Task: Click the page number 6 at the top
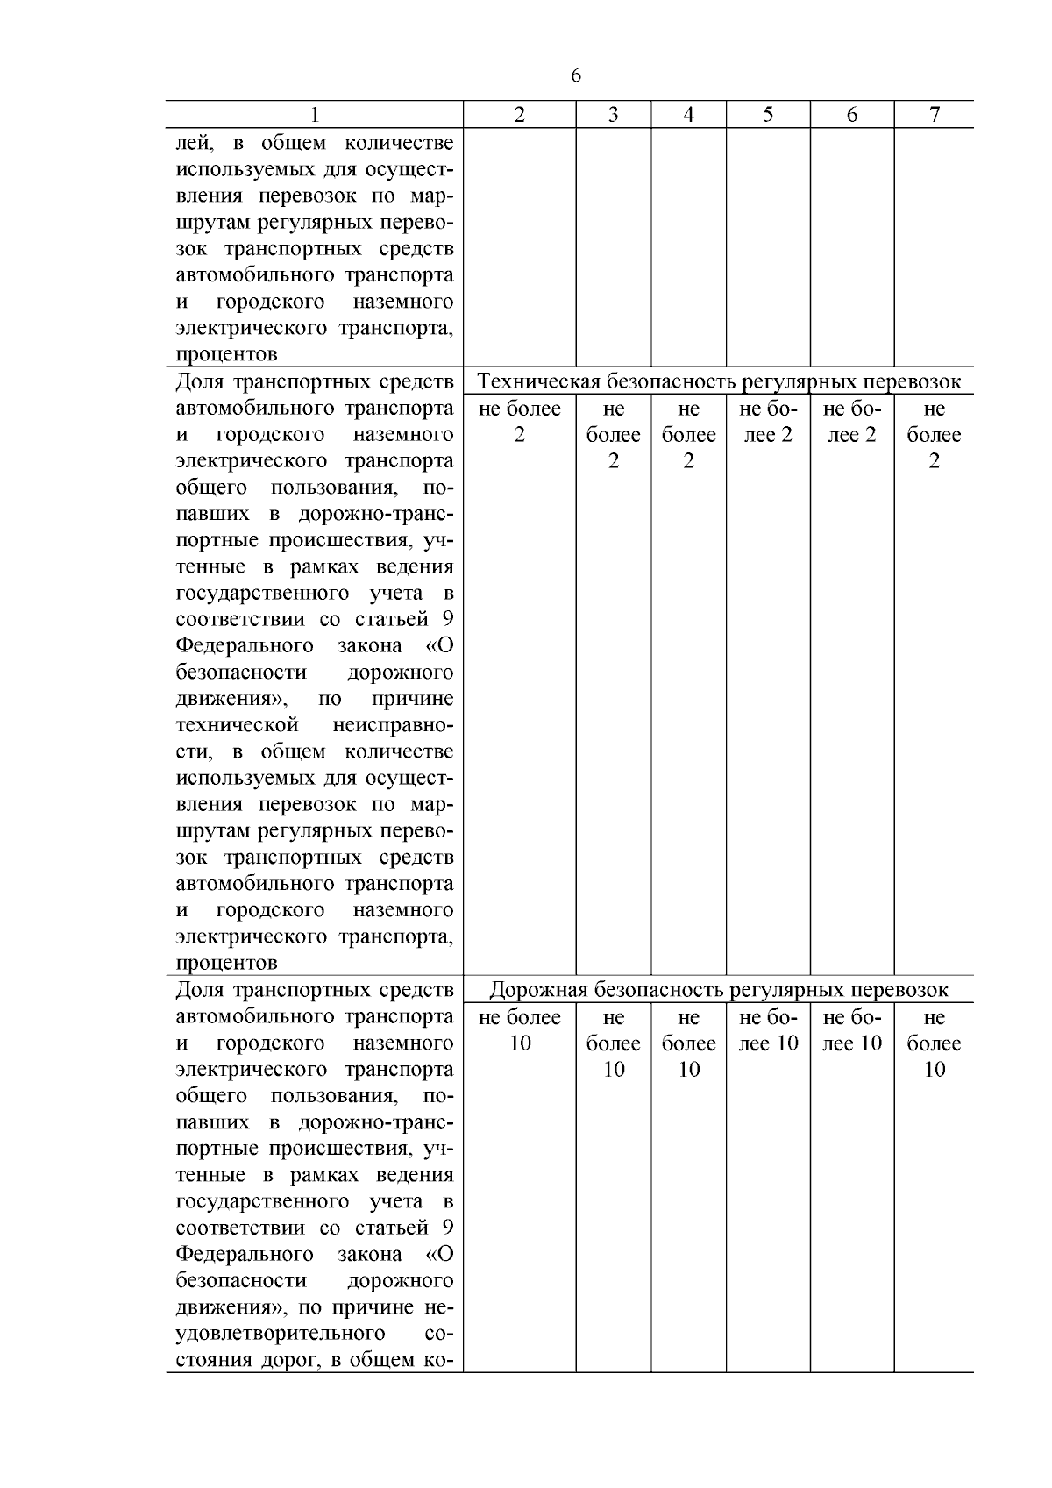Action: coord(576,76)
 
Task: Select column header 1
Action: coord(315,115)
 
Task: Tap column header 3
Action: coord(614,115)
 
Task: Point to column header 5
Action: coord(768,115)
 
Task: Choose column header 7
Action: coord(935,115)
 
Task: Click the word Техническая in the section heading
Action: coord(538,381)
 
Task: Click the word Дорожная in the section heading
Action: coord(538,990)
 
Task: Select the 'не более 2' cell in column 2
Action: coord(520,422)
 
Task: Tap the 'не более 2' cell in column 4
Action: coord(689,435)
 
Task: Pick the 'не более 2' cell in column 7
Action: coord(935,435)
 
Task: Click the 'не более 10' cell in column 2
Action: coord(520,1030)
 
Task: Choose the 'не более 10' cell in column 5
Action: coord(768,1030)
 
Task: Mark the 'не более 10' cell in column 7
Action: coord(935,1043)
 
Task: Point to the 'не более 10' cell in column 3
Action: coord(614,1043)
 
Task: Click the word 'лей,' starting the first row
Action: coord(195,143)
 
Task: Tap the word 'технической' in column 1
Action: coord(238,725)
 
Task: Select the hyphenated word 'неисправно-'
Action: coord(394,725)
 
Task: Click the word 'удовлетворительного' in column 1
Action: coord(281,1334)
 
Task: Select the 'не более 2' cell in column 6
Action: coord(852,422)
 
